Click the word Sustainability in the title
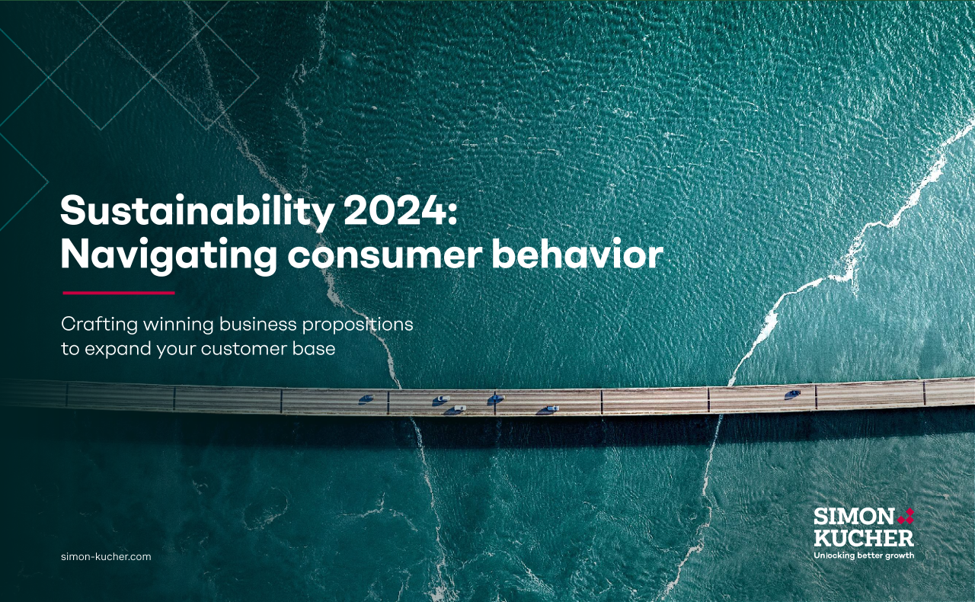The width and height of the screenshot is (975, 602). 197,212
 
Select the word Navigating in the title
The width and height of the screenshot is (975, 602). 168,256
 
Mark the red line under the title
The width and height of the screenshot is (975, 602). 119,293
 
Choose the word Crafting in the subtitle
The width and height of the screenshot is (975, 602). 100,325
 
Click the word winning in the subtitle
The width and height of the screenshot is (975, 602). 178,325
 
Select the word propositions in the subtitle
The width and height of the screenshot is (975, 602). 358,325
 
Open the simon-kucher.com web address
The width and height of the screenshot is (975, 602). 106,557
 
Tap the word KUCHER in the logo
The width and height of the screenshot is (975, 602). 864,538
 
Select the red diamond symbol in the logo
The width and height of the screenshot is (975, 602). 906,516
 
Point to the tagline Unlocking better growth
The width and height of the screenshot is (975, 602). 864,556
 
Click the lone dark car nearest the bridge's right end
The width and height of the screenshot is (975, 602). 793,394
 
